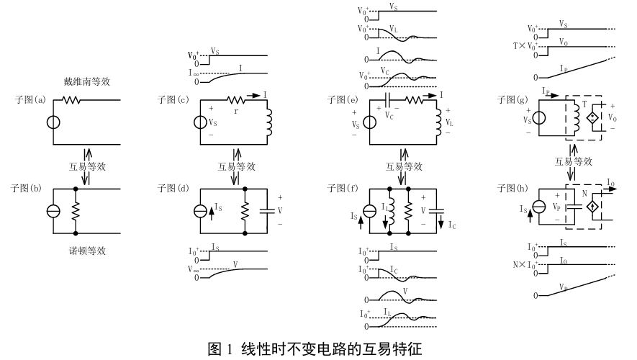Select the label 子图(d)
point(172,189)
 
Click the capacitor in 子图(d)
point(268,212)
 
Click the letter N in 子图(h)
point(584,194)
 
